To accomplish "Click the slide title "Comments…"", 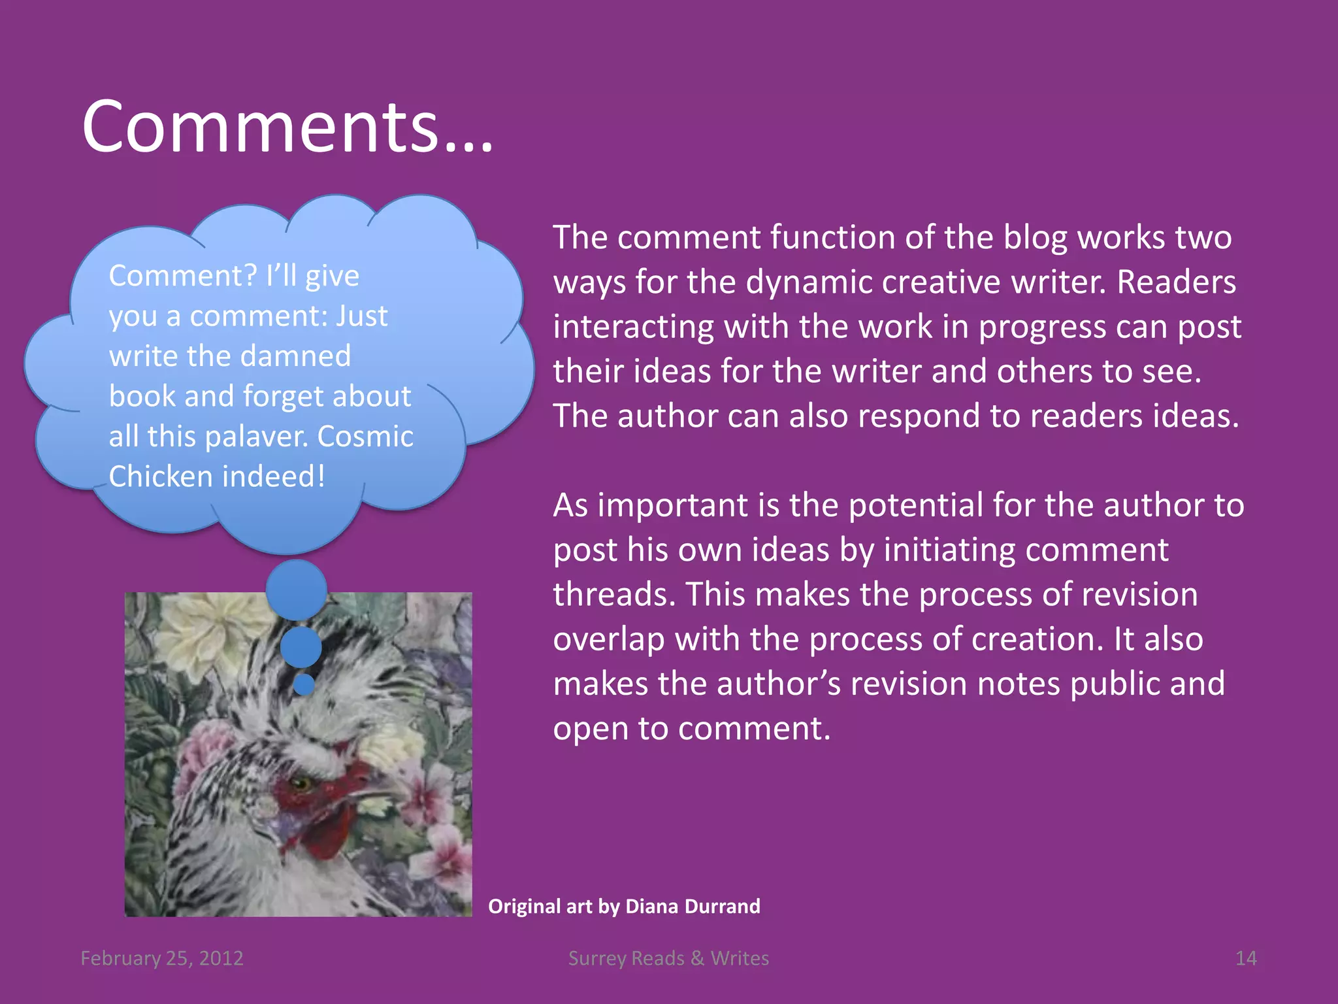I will click(x=287, y=127).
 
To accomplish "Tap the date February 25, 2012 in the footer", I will click(x=162, y=958).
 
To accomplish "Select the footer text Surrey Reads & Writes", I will click(x=668, y=958).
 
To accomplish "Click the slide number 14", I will click(x=1246, y=958).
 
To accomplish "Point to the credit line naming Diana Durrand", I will click(x=624, y=906).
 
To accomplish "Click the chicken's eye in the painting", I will click(x=301, y=782).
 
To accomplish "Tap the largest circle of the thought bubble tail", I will click(x=297, y=590).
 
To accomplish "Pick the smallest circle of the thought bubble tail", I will click(x=304, y=684).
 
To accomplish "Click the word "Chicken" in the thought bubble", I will click(x=156, y=477).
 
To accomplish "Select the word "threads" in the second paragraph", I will click(x=614, y=595).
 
